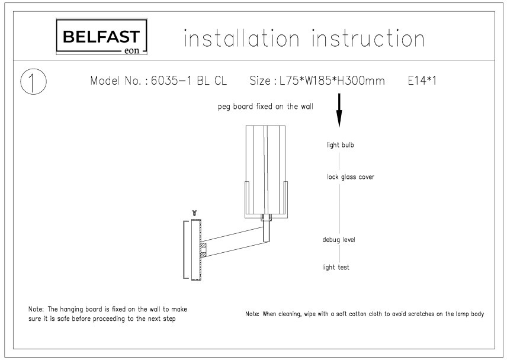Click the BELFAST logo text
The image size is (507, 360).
pos(101,37)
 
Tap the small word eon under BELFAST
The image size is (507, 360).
pos(131,50)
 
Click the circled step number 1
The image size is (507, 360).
pos(33,82)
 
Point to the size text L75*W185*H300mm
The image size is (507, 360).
pos(332,81)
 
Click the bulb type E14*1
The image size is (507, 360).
pos(422,81)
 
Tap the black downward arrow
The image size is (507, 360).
pos(339,110)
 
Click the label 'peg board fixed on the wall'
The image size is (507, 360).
pos(265,107)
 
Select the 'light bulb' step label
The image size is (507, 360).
pos(340,145)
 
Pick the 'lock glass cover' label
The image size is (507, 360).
pos(351,177)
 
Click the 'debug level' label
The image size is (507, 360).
pos(339,239)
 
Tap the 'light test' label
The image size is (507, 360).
pos(336,267)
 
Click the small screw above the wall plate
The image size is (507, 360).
pos(194,213)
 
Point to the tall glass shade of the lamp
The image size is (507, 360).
pos(265,171)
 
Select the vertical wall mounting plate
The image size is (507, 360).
pos(196,249)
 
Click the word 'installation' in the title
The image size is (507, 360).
pos(242,38)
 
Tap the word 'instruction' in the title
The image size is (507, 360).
pos(368,38)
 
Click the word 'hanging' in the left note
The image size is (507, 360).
pos(72,309)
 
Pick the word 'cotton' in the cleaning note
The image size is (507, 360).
pos(371,314)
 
